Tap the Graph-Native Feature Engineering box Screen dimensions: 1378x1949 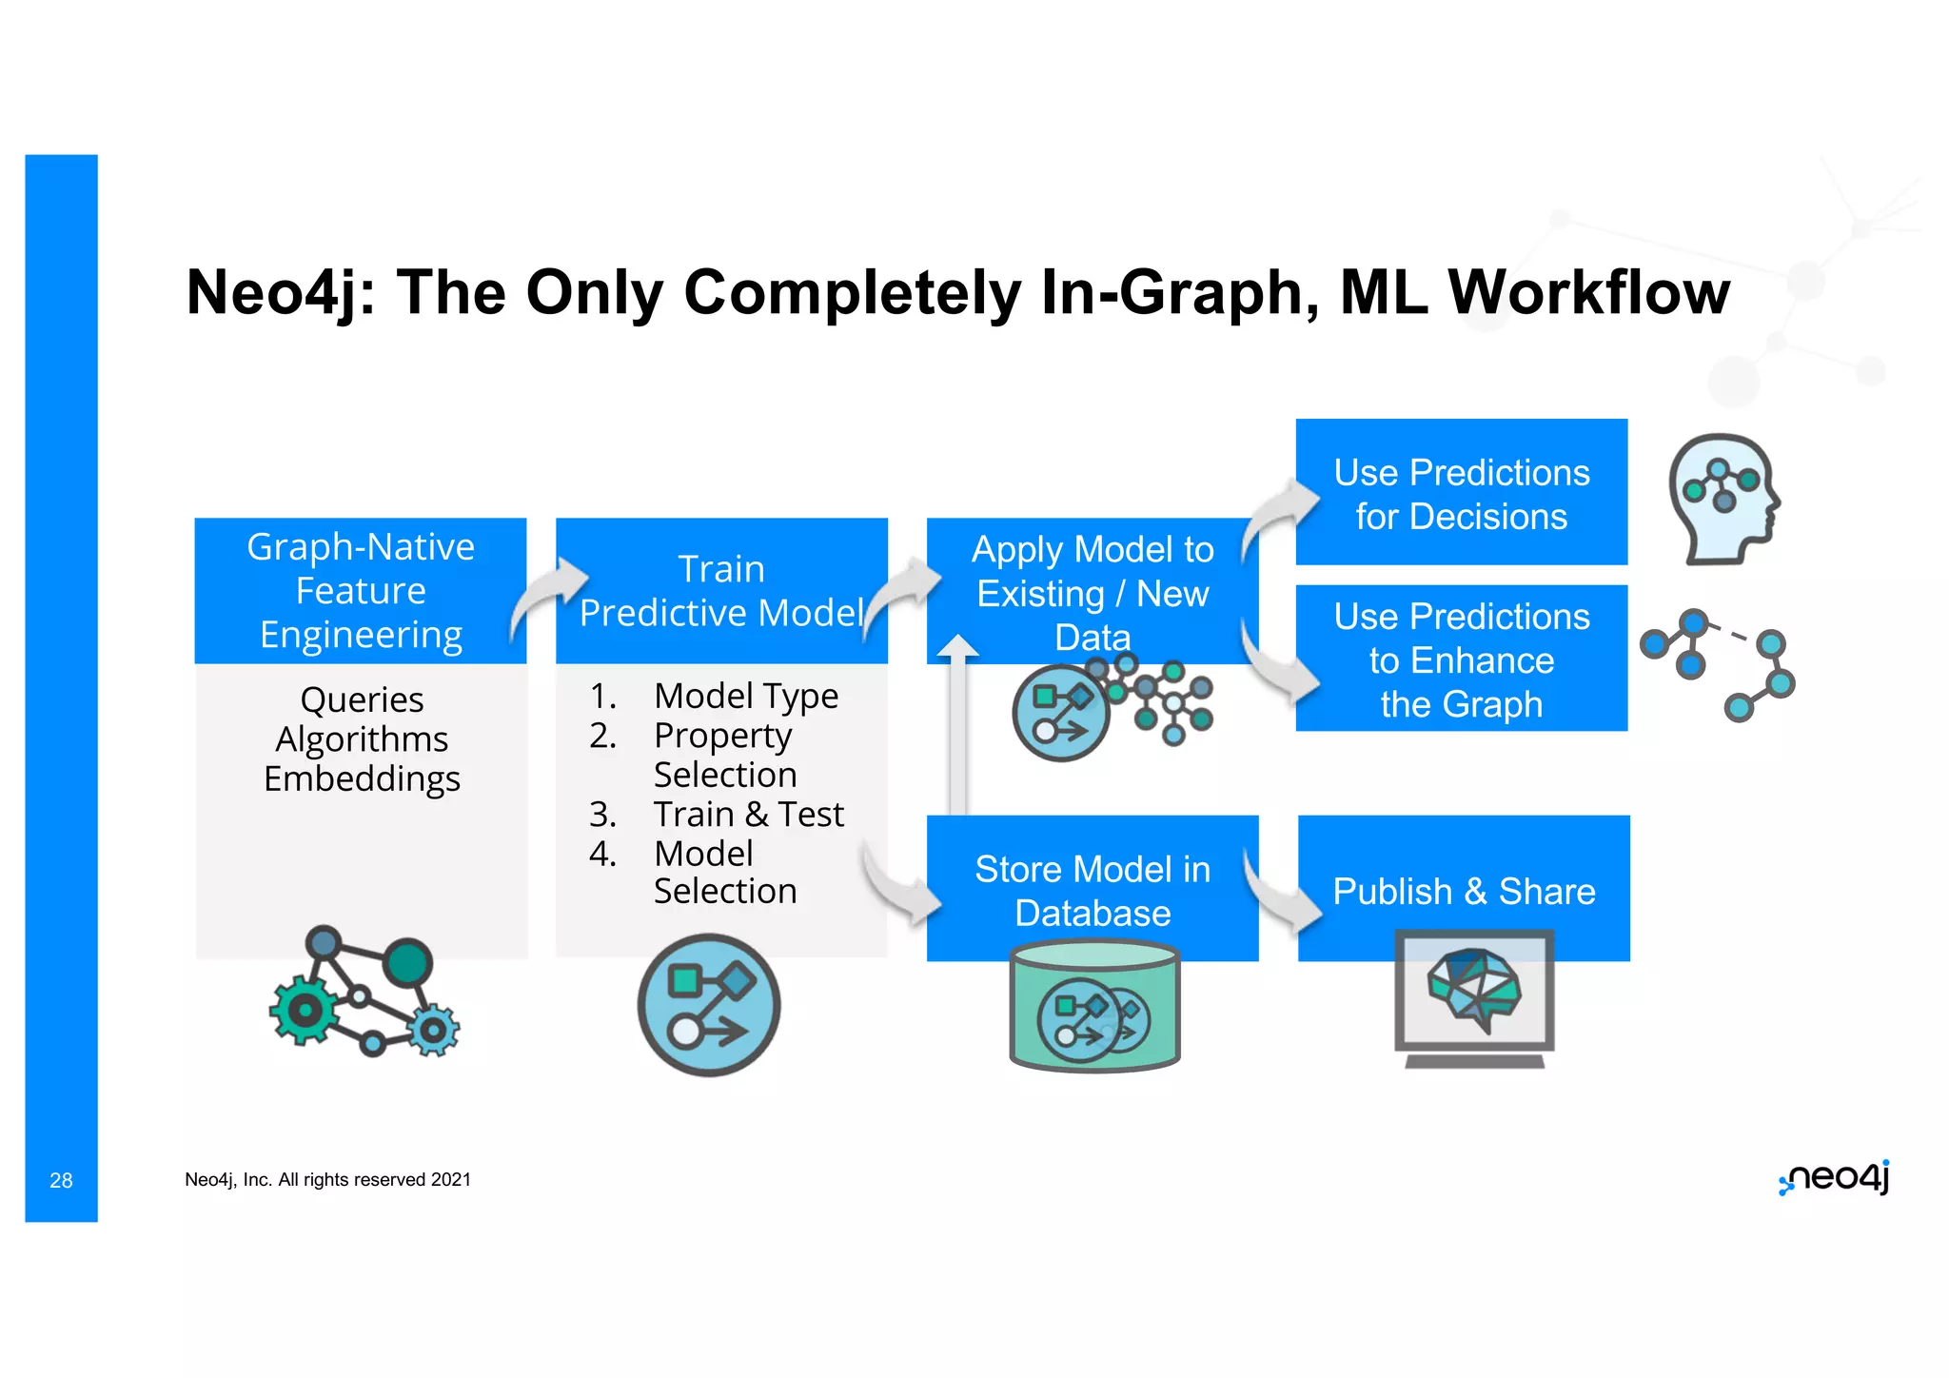pos(360,590)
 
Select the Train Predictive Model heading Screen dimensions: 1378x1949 pos(720,591)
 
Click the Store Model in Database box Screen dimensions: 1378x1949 pos(1092,890)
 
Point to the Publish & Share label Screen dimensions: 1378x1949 pos(1463,892)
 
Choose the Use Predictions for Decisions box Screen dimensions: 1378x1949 pos(1461,493)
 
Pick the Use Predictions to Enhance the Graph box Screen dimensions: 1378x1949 pos(1461,659)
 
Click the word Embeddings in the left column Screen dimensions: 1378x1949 pos(362,778)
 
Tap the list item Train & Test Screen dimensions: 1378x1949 pos(748,815)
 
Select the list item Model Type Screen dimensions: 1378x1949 pos(745,696)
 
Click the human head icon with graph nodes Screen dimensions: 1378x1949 pos(1723,498)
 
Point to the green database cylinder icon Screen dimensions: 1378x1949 pos(1094,1007)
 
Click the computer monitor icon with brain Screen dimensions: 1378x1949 pos(1474,997)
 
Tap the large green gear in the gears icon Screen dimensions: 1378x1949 pos(304,1010)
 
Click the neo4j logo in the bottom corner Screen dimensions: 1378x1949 pos(1834,1177)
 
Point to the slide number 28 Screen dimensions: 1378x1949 pos(61,1180)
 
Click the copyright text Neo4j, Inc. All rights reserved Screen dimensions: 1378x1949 pos(327,1180)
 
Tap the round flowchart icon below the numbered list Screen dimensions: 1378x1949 pos(708,1005)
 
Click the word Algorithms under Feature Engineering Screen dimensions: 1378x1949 pos(362,739)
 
